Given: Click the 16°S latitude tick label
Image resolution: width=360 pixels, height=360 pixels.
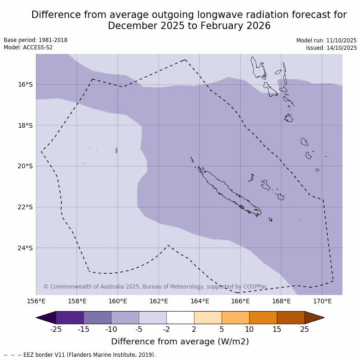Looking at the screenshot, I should [25, 84].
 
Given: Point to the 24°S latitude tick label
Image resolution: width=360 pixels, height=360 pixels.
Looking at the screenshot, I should [25, 248].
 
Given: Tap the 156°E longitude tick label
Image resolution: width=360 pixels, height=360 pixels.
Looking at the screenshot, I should [36, 301].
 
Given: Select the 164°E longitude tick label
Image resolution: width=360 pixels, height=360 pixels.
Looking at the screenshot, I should [200, 301].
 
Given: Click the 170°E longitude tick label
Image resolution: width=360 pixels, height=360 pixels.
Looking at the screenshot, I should [322, 301].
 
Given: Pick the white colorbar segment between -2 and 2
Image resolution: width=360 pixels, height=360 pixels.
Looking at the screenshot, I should [180, 318].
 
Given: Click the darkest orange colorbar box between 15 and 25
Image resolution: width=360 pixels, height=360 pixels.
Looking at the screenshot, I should [291, 318].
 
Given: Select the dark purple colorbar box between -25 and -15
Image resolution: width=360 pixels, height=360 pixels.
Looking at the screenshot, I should [70, 318].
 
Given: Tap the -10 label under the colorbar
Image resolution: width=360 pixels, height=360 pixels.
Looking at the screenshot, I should [111, 329].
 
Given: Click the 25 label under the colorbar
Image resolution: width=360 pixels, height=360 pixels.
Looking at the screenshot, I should [305, 329].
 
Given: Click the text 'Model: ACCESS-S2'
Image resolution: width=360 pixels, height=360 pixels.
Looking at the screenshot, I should [28, 47].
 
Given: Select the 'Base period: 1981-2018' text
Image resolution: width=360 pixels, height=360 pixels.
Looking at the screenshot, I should [35, 40].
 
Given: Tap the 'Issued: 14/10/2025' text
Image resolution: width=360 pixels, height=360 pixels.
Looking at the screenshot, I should [331, 48].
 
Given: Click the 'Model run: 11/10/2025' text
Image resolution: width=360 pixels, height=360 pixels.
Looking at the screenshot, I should [326, 41].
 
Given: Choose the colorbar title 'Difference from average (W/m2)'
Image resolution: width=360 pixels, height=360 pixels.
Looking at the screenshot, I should [180, 342].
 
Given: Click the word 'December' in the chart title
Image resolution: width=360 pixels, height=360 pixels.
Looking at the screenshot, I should [132, 26].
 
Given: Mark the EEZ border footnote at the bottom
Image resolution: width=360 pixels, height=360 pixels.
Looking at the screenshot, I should [80, 355].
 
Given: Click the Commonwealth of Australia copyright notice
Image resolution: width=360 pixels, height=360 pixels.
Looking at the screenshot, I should [155, 287].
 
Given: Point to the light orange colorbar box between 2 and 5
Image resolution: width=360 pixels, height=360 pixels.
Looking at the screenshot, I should [208, 318].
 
